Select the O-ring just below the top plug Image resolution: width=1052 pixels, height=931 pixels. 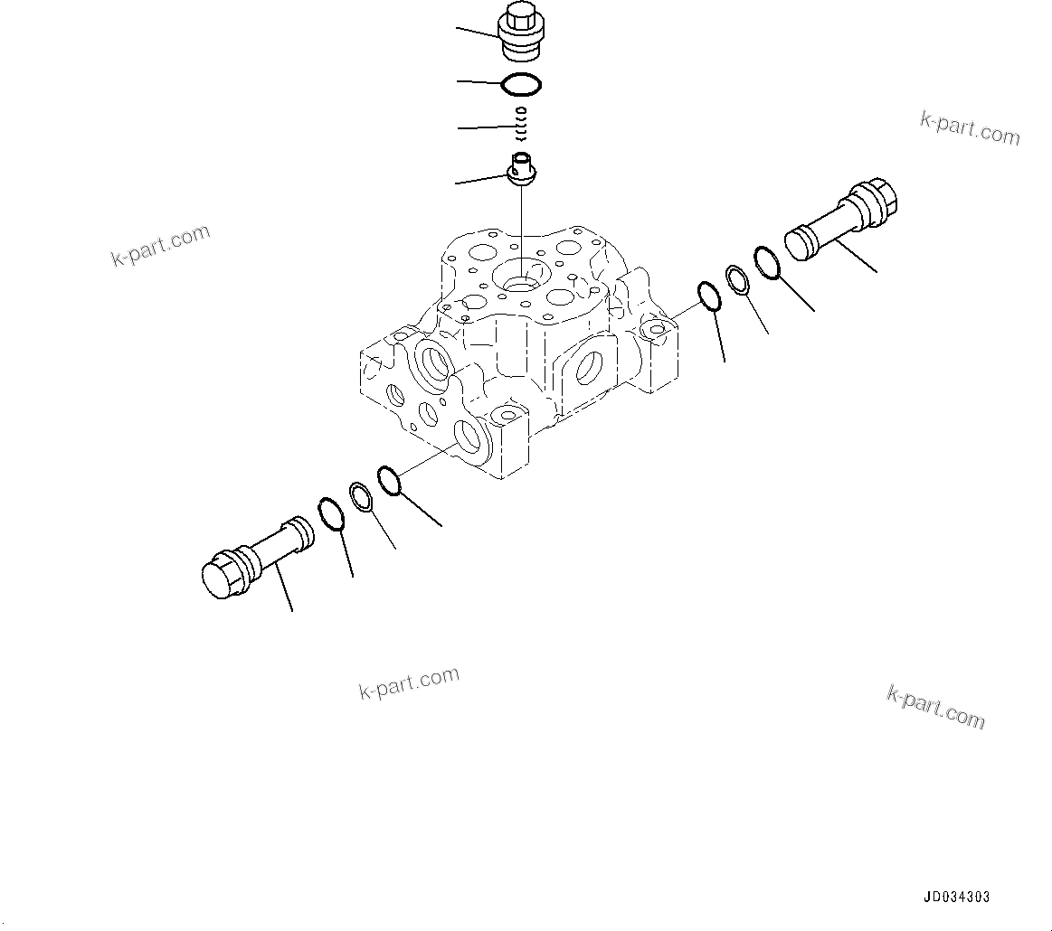click(522, 85)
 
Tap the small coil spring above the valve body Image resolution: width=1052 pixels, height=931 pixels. click(520, 124)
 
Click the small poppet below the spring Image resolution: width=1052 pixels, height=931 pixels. click(522, 171)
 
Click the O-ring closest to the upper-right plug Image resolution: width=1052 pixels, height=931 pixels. click(765, 263)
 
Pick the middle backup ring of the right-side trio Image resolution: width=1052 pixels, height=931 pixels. click(737, 279)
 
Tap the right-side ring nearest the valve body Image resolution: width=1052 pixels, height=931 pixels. click(708, 296)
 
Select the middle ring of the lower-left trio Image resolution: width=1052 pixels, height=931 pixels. click(360, 496)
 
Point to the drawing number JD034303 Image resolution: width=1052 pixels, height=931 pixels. click(956, 898)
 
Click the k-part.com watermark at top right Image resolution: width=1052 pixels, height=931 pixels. click(970, 128)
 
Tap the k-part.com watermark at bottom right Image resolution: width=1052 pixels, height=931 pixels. click(935, 707)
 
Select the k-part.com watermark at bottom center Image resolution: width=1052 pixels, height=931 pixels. click(409, 682)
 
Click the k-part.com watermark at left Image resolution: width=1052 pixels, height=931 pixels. click(160, 245)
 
